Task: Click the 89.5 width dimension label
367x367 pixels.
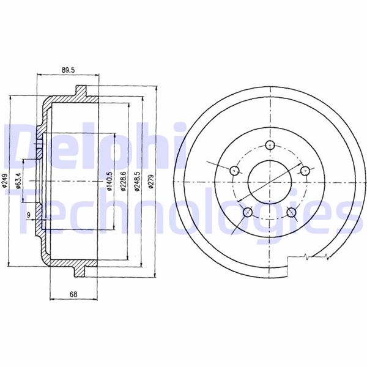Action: point(68,70)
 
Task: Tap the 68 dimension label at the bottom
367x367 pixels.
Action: point(73,294)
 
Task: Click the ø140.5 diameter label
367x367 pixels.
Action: point(109,181)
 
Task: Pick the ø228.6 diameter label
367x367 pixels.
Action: point(124,181)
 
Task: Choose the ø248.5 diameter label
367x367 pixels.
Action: point(137,181)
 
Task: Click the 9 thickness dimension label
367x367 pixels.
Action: point(29,215)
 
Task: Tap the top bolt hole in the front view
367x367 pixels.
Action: point(270,145)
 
